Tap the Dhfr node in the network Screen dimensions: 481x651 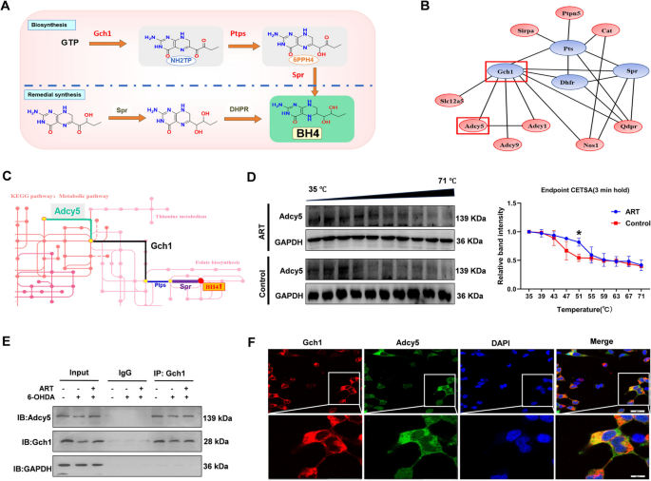coord(539,82)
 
